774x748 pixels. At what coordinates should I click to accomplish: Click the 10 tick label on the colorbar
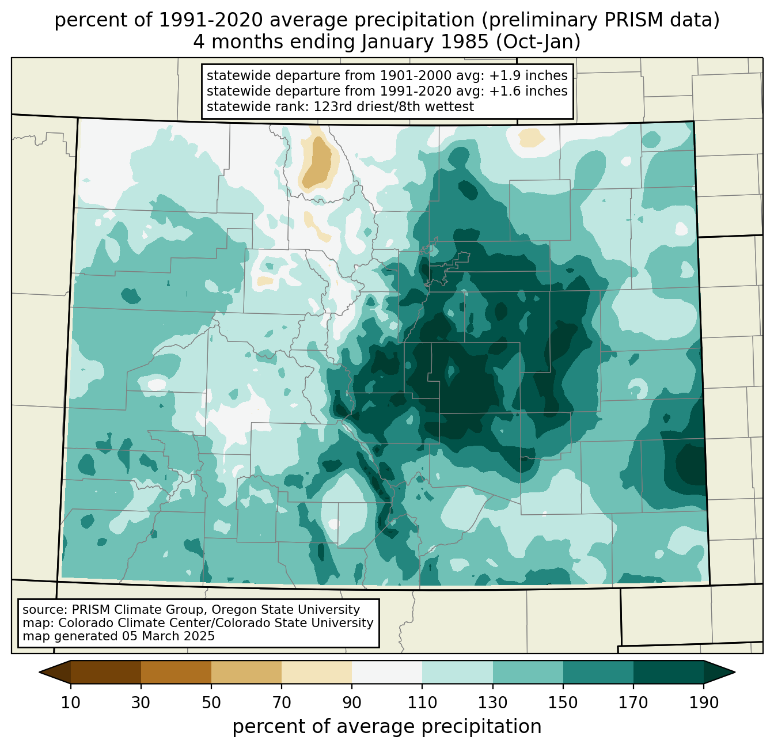click(x=71, y=703)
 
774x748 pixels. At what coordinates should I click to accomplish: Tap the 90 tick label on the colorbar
click(x=352, y=703)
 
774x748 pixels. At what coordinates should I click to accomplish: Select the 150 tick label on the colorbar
click(x=563, y=703)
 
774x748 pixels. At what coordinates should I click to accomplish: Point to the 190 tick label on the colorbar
click(x=704, y=703)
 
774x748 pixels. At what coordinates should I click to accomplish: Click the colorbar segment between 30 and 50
click(x=176, y=672)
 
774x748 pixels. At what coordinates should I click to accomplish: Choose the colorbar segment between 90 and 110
click(x=387, y=672)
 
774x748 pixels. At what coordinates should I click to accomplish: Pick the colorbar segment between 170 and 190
click(x=669, y=672)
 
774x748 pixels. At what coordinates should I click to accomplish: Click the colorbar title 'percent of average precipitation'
click(x=387, y=727)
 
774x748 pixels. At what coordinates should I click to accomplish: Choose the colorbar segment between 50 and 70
click(x=246, y=672)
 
